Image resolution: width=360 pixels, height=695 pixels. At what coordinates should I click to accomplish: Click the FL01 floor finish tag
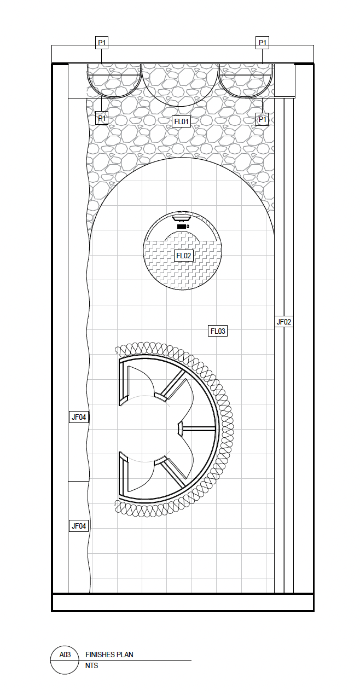pyautogui.click(x=182, y=121)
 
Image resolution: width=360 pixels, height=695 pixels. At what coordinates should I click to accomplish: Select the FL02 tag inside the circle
pyautogui.click(x=183, y=256)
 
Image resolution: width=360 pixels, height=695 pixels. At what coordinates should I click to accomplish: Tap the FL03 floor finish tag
pyautogui.click(x=218, y=331)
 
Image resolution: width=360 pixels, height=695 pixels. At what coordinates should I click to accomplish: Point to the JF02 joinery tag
pyautogui.click(x=284, y=322)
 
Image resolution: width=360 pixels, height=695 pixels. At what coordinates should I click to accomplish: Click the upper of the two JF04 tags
pyautogui.click(x=79, y=417)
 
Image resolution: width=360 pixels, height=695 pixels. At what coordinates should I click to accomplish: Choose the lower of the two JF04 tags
pyautogui.click(x=79, y=526)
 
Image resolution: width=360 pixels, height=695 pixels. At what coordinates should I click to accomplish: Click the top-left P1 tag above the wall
pyautogui.click(x=102, y=43)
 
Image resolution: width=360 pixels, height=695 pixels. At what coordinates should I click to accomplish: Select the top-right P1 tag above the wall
pyautogui.click(x=262, y=43)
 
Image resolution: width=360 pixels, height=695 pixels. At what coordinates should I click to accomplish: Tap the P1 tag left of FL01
pyautogui.click(x=102, y=118)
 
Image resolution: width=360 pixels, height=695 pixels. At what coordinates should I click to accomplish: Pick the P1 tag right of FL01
pyautogui.click(x=262, y=119)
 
